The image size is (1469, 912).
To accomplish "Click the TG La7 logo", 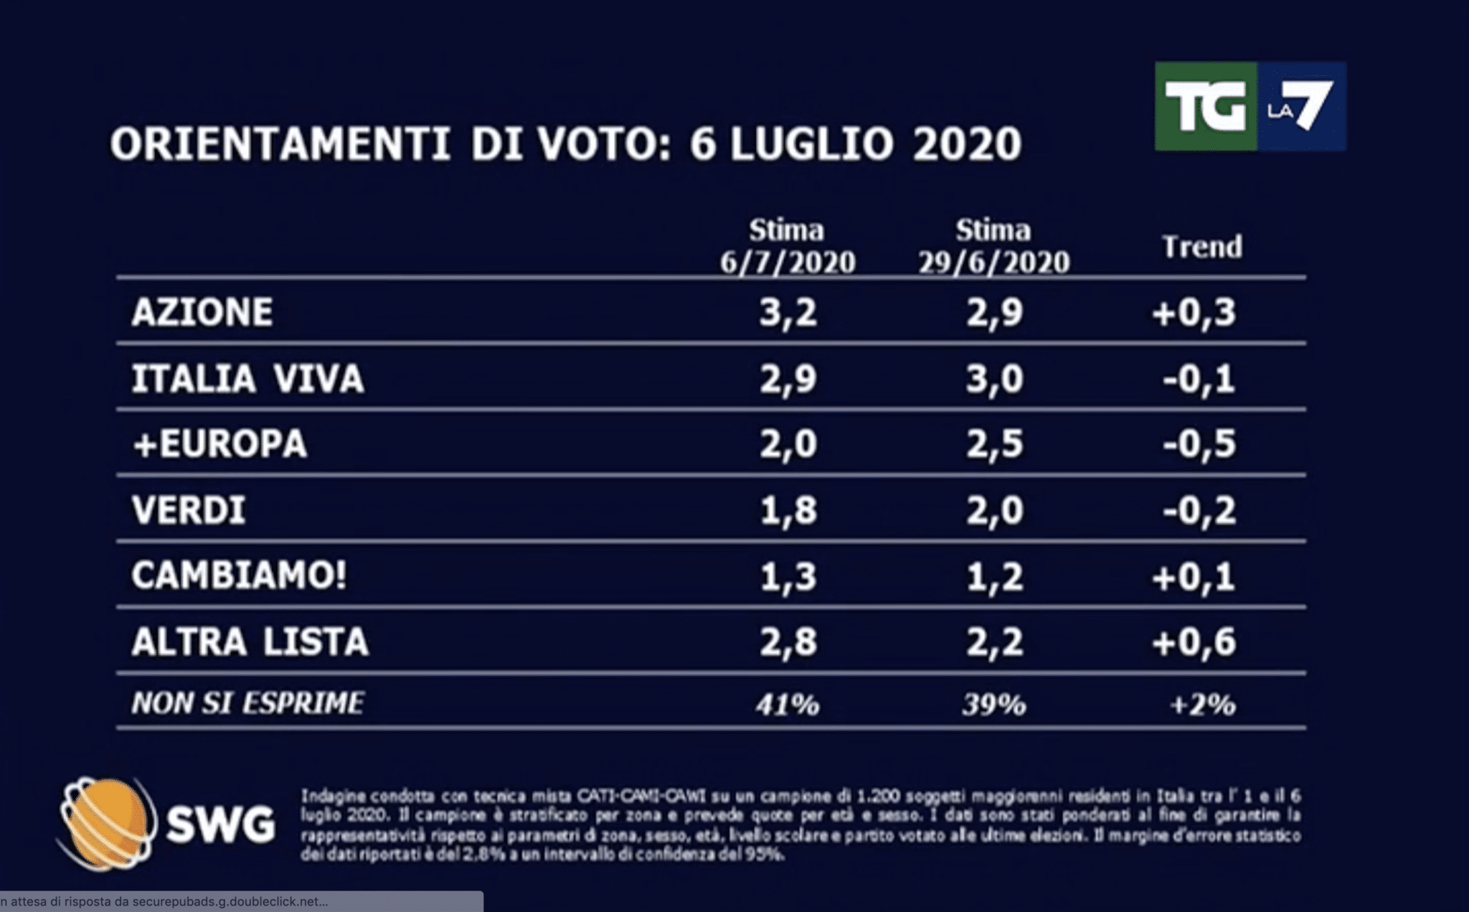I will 1250,106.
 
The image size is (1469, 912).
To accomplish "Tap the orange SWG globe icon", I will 107,823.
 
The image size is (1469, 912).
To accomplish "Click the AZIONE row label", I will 202,312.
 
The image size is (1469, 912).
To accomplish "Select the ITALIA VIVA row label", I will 247,378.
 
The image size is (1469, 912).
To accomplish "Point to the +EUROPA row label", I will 220,443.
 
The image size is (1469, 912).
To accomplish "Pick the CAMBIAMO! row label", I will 239,575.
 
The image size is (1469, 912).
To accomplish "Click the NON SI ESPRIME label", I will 247,703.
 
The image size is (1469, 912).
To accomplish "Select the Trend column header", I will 1201,247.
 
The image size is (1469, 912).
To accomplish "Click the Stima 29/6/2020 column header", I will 993,247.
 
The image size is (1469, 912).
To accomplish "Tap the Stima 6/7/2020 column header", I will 788,247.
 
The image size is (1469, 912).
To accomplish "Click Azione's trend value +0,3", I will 1194,312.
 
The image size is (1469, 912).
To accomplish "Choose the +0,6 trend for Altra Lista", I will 1194,641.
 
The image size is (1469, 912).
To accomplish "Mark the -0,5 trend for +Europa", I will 1199,443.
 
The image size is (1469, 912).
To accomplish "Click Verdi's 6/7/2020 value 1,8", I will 788,510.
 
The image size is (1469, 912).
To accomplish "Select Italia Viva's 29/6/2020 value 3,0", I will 994,378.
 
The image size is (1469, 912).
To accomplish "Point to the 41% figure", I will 788,705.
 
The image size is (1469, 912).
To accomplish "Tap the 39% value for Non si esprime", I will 994,705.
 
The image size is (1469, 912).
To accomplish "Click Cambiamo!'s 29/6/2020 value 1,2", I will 994,576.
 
